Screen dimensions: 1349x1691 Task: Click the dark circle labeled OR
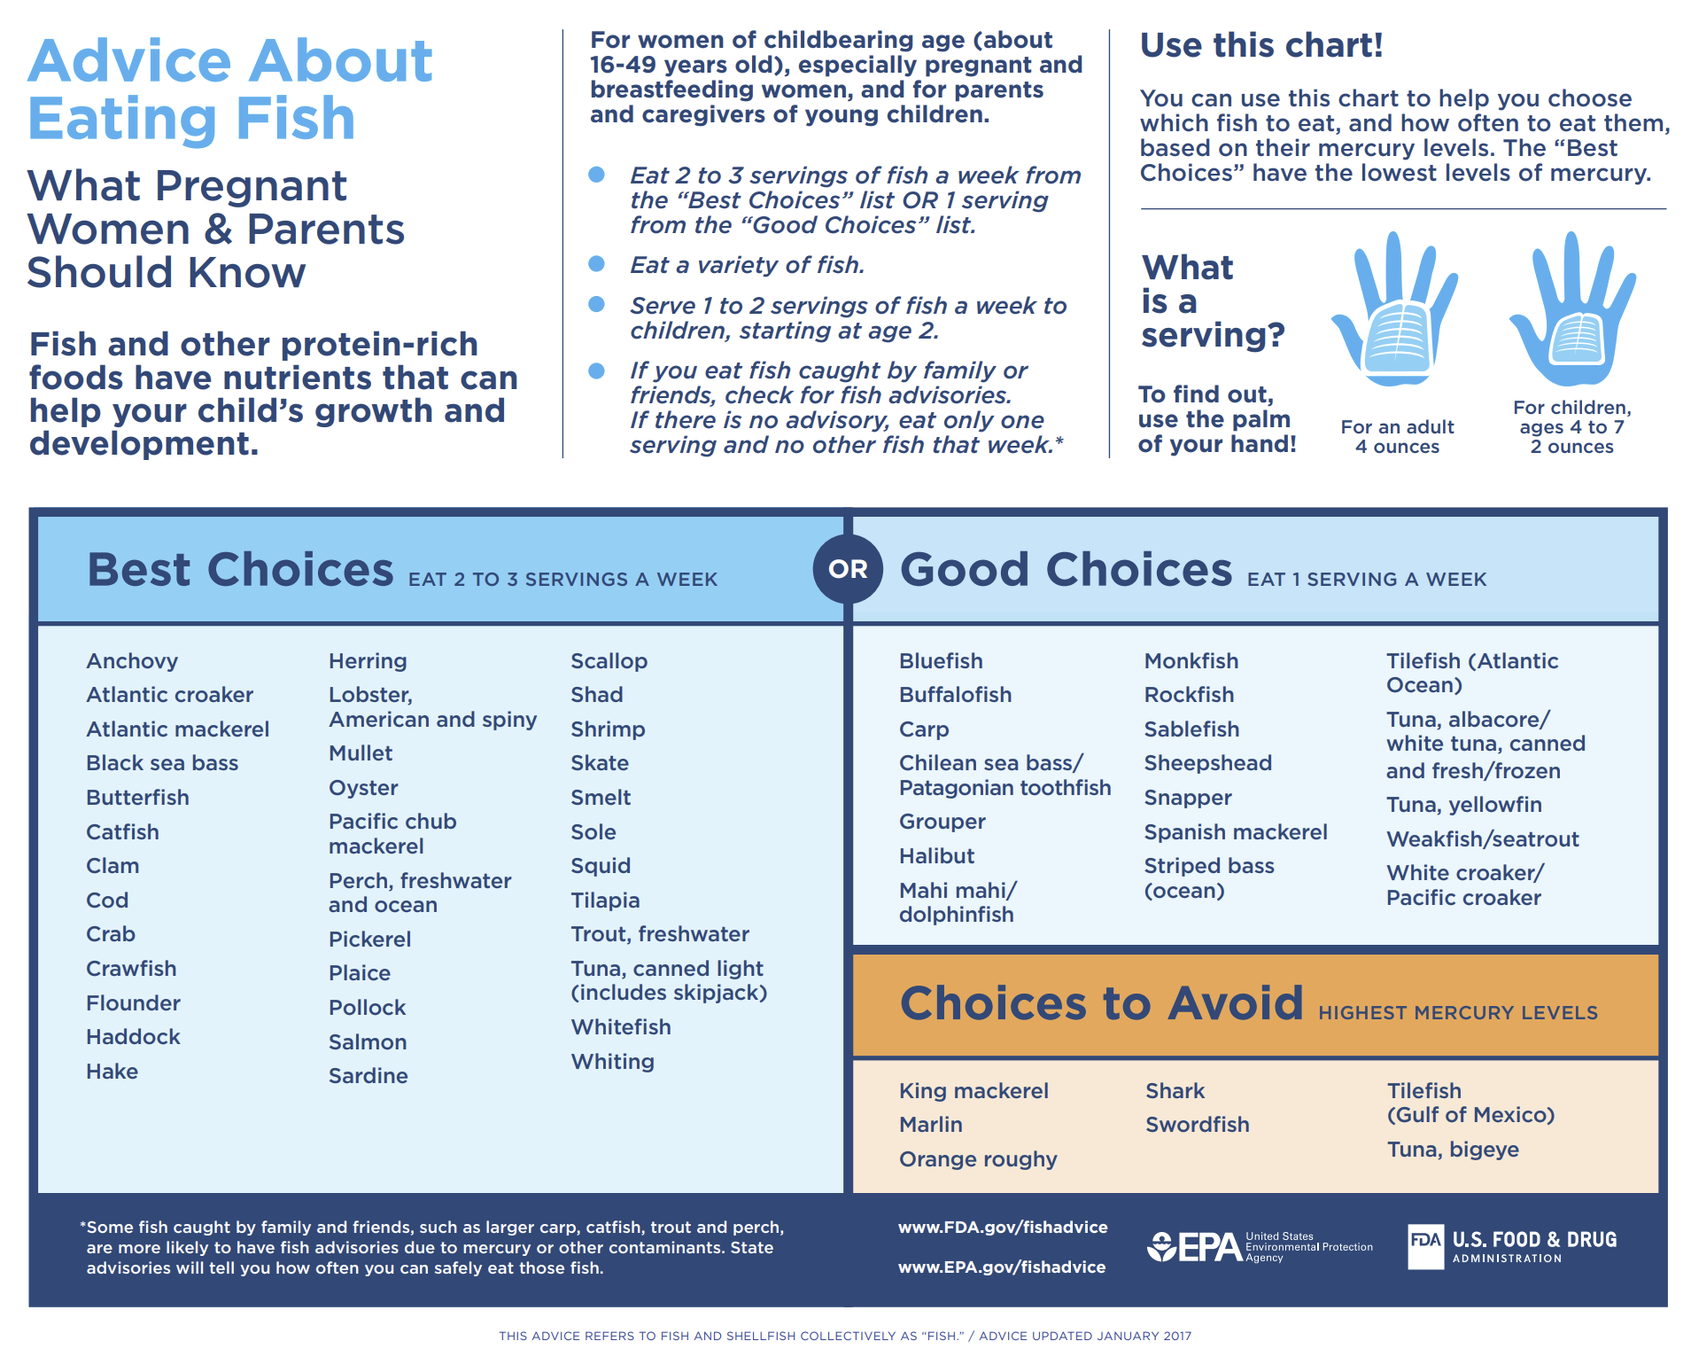click(847, 569)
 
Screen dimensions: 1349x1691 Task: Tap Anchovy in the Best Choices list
click(132, 661)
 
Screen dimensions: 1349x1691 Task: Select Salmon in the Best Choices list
click(368, 1042)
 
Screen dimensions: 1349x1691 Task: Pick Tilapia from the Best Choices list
click(605, 901)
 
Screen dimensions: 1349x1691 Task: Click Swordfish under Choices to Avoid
click(1197, 1125)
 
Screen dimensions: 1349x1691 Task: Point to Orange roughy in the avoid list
click(978, 1159)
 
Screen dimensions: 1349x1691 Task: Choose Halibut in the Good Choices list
click(936, 856)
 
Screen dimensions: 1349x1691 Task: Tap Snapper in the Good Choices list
click(1187, 798)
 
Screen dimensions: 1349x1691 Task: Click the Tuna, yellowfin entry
click(1463, 805)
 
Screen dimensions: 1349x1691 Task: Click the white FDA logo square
click(1425, 1246)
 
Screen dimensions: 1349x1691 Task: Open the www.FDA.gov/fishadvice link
click(1003, 1228)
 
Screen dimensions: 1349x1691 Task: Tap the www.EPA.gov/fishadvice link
click(1002, 1267)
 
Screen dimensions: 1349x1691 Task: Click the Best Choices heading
click(240, 570)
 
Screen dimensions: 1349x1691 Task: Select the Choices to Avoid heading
click(1101, 1003)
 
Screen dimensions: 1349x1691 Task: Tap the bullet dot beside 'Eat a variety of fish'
click(597, 264)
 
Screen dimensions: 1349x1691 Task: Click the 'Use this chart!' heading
click(1260, 45)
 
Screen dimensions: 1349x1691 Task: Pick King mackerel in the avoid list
click(973, 1091)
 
